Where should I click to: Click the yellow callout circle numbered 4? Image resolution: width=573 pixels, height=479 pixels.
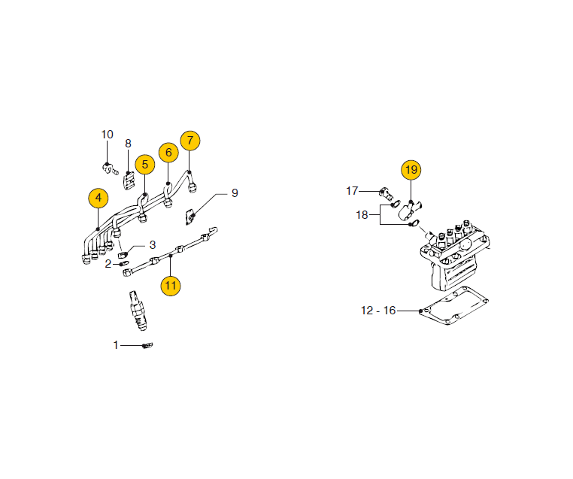pos(99,198)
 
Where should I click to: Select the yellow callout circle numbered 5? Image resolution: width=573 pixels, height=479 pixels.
pos(145,165)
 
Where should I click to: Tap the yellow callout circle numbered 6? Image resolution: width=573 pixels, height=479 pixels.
pos(168,153)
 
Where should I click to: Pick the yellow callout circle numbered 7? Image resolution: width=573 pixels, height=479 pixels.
pos(190,141)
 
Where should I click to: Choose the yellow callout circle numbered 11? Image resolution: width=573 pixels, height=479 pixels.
pos(171,285)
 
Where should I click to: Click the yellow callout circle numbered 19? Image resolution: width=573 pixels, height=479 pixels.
pos(411,170)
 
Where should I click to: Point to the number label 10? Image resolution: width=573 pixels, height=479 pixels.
pos(107,135)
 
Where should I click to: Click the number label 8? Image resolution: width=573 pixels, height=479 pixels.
pos(128,144)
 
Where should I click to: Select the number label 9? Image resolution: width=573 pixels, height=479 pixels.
pos(235,193)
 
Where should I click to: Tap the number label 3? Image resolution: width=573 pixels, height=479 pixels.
pos(153,245)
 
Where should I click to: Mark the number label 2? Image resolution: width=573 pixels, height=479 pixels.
pos(108,264)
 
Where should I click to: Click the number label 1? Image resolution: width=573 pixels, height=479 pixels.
pos(116,345)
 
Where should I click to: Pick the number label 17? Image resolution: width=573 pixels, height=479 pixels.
pos(352,191)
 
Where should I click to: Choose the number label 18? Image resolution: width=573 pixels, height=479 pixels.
pos(362,215)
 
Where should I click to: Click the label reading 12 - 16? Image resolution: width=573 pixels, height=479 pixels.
pos(378,311)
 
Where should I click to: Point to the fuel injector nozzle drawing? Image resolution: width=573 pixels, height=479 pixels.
pos(138,311)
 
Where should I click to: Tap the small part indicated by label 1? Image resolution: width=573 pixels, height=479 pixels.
pos(147,345)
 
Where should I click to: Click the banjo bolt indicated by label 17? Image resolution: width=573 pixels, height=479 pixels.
pos(385,193)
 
